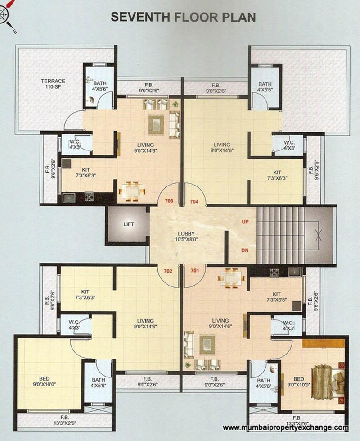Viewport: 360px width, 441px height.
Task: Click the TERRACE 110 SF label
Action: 53,84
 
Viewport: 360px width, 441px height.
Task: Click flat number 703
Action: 169,201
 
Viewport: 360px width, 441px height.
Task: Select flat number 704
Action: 194,201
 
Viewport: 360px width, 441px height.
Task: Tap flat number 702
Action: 169,271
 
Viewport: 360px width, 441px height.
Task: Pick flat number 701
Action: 194,271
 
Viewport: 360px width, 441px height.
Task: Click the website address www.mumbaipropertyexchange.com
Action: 285,428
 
